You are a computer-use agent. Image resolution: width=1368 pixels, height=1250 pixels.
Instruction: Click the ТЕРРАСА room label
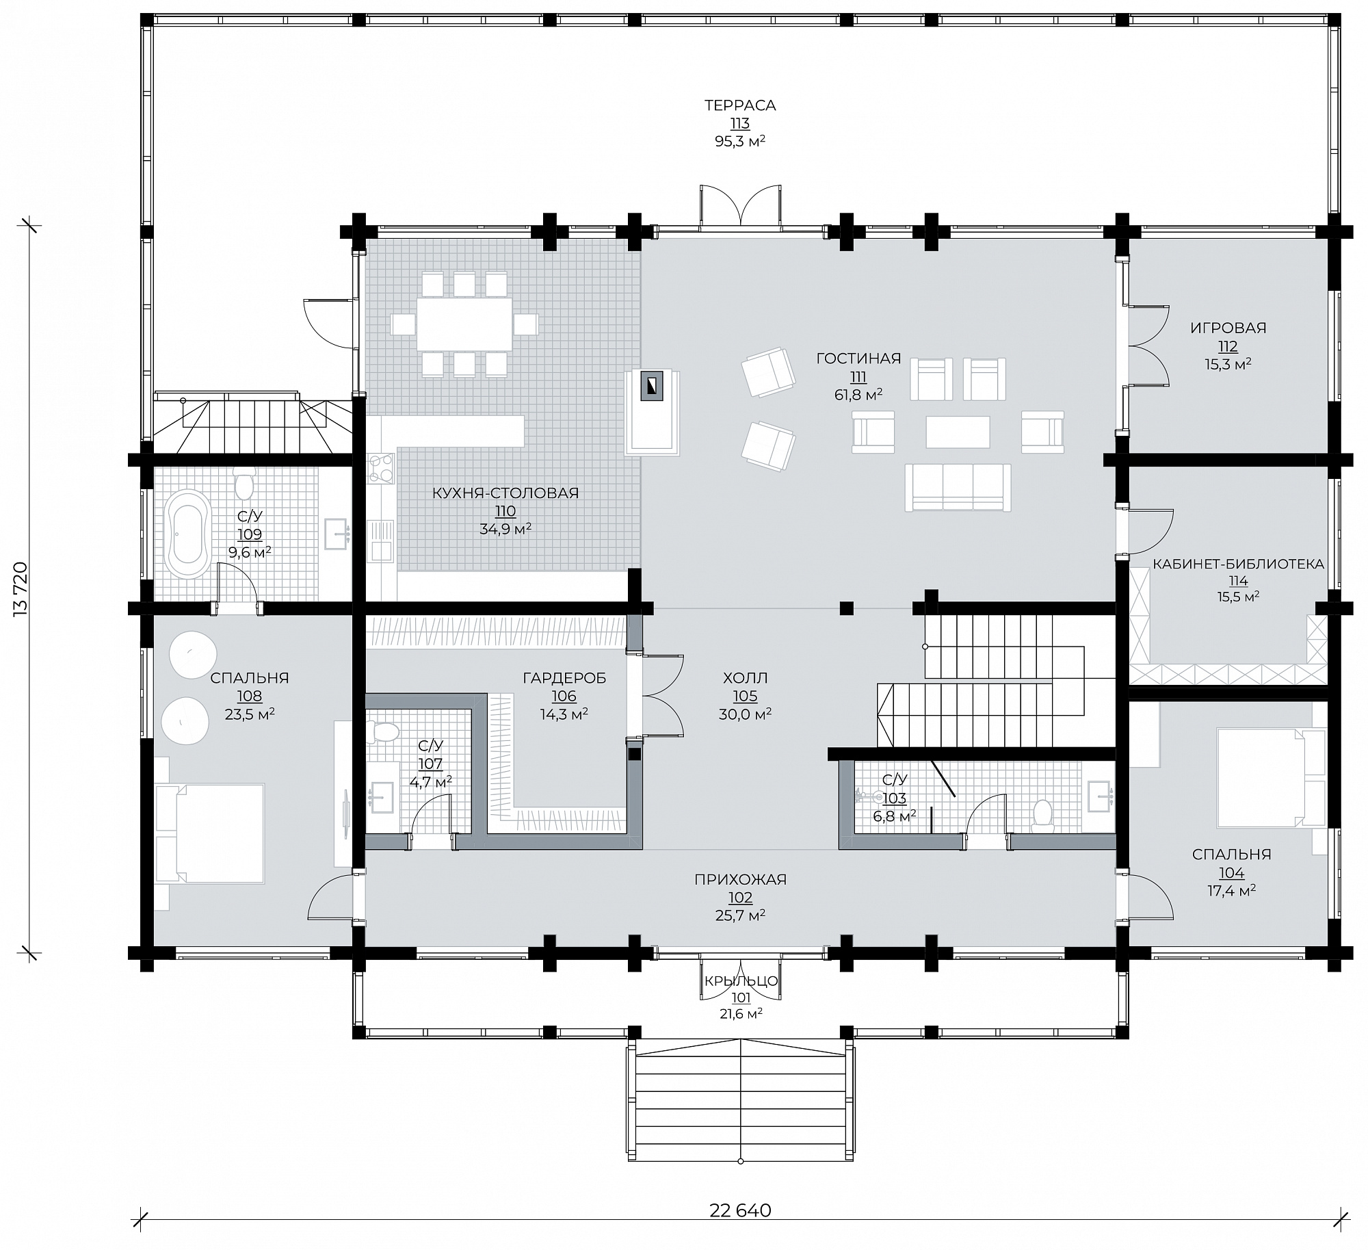(x=740, y=105)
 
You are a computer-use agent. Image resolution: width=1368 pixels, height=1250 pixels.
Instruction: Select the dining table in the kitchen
(x=464, y=324)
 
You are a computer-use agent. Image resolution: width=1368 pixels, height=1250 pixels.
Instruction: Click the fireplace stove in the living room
(x=652, y=387)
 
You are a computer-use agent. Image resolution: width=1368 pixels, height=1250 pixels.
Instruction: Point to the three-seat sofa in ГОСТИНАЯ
(x=958, y=486)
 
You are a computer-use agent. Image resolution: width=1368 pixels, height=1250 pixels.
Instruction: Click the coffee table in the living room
(x=958, y=432)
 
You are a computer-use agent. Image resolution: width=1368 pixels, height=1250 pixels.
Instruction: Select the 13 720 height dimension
(x=20, y=590)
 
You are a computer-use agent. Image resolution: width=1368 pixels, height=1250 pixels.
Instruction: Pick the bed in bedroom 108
(x=209, y=833)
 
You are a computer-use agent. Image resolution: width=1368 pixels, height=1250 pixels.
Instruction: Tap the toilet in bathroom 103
(x=1042, y=814)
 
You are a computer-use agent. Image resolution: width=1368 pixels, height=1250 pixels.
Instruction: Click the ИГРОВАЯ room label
(x=1228, y=328)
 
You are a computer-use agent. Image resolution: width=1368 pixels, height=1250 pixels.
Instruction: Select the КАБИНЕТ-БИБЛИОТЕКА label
(x=1238, y=564)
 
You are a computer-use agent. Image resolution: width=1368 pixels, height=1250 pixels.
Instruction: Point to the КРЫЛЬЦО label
(x=741, y=980)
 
